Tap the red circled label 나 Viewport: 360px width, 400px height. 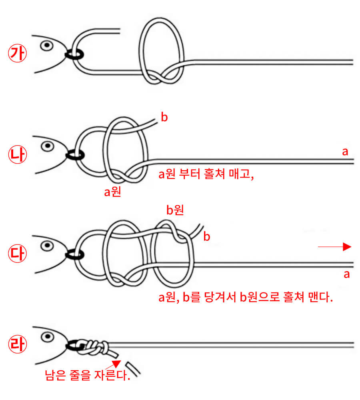pos(17,154)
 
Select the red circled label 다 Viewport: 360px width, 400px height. pos(17,253)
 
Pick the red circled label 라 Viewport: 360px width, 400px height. pos(17,345)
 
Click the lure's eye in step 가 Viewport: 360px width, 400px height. pos(47,46)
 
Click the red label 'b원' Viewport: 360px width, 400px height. pos(175,210)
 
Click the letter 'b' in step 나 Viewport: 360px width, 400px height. pos(164,118)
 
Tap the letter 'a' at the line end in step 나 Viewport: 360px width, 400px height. pos(345,152)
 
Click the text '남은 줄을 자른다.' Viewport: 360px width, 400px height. pos(88,376)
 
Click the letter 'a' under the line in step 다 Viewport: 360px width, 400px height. pos(347,274)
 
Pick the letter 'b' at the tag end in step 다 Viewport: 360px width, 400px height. pos(207,236)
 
